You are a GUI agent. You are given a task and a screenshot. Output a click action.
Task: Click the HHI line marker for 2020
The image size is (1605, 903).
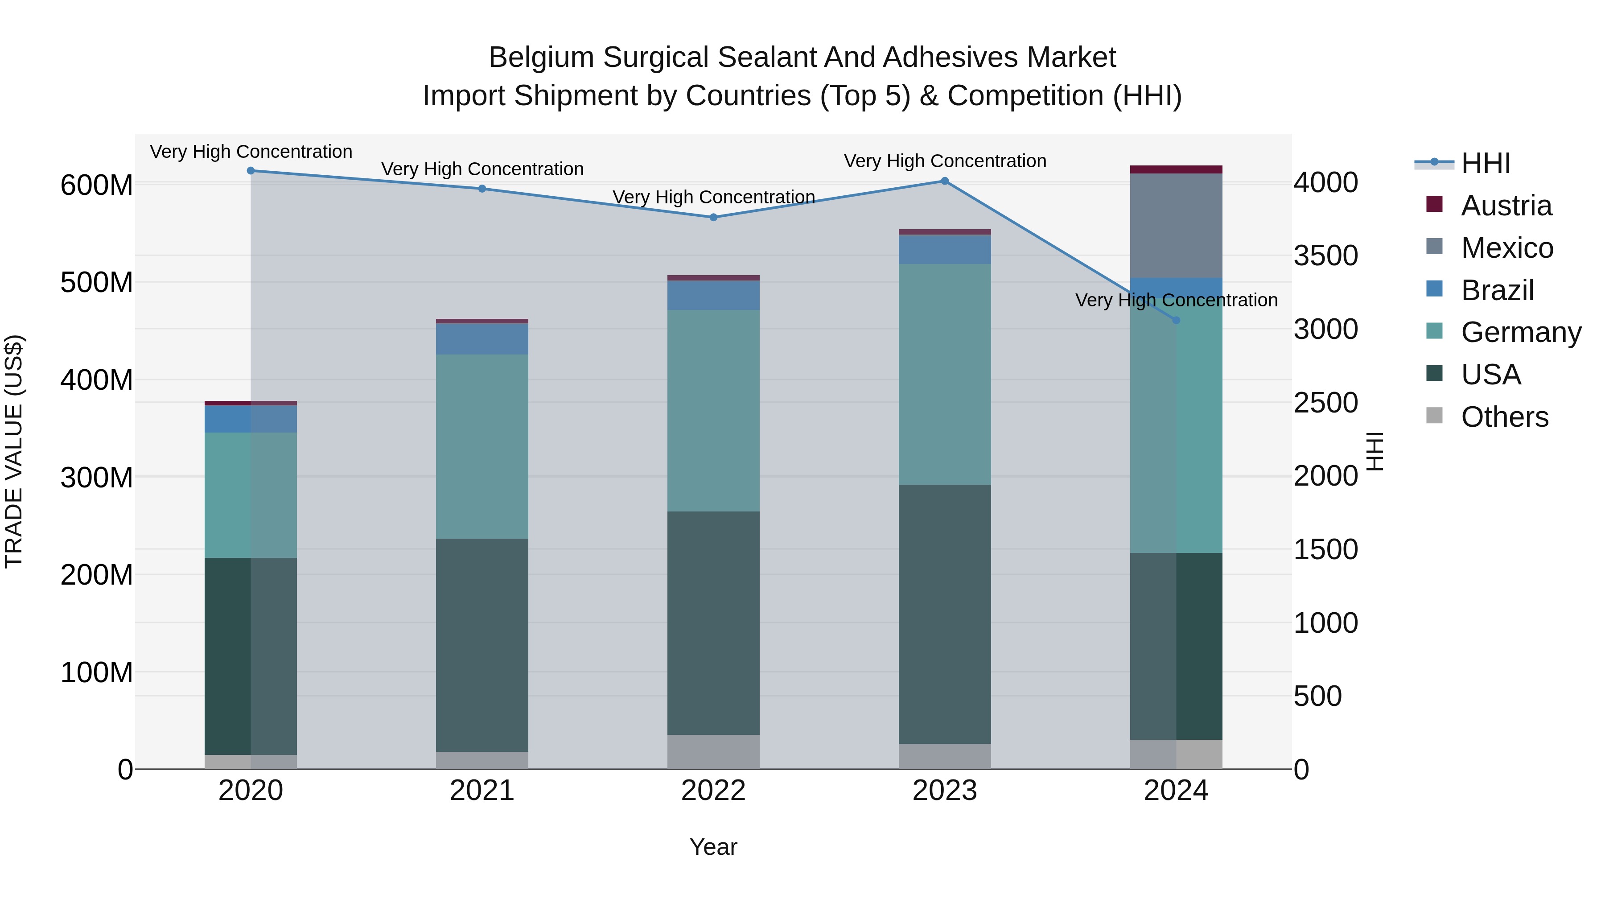251,170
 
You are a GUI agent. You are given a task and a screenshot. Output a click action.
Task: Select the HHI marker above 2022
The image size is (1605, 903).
713,217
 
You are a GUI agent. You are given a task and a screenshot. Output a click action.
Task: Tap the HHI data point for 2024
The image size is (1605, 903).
1176,320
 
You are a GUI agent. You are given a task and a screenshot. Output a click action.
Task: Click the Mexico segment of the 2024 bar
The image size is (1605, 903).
1176,226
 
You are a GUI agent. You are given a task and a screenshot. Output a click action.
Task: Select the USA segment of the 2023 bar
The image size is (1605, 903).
945,614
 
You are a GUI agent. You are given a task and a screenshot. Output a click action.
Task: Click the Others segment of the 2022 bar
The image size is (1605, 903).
713,751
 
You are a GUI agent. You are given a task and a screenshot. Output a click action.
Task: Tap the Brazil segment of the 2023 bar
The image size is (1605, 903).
945,249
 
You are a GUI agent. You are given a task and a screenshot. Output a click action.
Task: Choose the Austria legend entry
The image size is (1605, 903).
1506,206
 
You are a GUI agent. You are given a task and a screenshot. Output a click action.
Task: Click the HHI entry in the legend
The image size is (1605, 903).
1486,163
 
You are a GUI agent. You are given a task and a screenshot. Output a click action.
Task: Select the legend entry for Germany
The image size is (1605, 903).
1520,332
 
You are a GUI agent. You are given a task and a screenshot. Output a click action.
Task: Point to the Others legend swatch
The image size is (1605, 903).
1434,416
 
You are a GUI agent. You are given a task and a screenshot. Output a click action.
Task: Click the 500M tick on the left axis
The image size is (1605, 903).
97,282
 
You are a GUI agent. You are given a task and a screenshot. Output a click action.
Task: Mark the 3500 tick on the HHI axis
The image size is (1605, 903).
1326,256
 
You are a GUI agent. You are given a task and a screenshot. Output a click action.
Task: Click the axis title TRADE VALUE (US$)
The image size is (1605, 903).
14,451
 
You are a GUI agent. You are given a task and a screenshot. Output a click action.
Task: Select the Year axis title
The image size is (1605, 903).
713,847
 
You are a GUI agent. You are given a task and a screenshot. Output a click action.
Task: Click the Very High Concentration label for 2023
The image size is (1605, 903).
945,161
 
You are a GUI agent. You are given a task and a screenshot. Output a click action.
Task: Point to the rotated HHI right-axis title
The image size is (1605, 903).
1375,451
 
